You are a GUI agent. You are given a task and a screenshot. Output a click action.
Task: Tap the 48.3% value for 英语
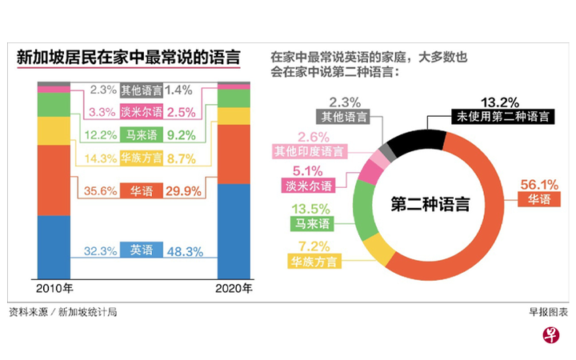tap(185, 250)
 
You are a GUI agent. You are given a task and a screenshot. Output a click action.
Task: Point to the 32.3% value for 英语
tap(101, 250)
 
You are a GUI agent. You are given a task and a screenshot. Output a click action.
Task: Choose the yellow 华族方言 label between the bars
tap(142, 159)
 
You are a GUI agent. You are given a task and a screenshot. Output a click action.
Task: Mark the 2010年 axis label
tap(54, 289)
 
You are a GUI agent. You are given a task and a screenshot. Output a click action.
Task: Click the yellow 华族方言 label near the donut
tap(311, 261)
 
